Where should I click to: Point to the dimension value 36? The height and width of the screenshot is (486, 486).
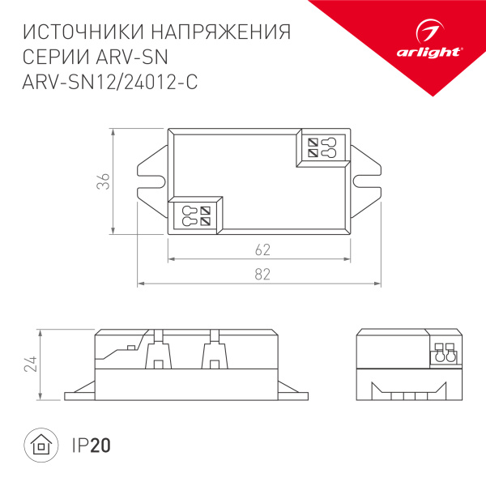[x=104, y=182]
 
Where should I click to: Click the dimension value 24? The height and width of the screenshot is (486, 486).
[x=31, y=364]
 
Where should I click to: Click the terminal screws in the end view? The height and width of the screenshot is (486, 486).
[x=445, y=354]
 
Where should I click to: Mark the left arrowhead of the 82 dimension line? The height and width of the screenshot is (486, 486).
[x=139, y=283]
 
